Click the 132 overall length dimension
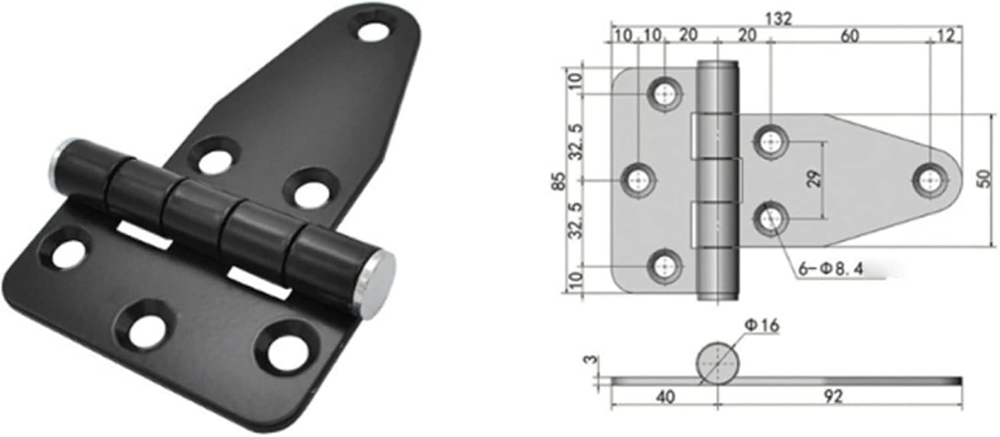pos(778,19)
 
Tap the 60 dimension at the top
pos(849,36)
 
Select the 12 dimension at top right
pos(945,36)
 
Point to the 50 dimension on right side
pos(985,179)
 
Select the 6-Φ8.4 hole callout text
pos(830,269)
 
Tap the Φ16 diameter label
pos(762,326)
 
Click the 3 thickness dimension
pos(589,362)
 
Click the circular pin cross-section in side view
pos(717,363)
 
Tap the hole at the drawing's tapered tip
pos(930,180)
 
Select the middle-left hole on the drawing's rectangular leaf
pos(639,180)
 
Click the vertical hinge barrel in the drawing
pos(718,180)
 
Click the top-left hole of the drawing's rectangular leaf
pos(665,94)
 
